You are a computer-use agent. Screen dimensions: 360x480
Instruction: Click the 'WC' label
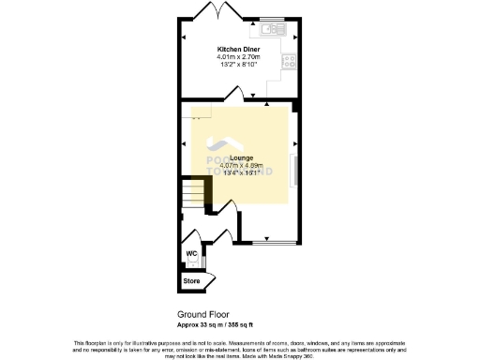[x=190, y=254]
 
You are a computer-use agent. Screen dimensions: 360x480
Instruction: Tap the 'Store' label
[x=191, y=280]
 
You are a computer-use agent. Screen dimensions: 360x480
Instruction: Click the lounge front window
[x=273, y=243]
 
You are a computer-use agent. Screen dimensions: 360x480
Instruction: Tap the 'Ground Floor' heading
[x=202, y=314]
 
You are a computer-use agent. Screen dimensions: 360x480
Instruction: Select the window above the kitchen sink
[x=273, y=18]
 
